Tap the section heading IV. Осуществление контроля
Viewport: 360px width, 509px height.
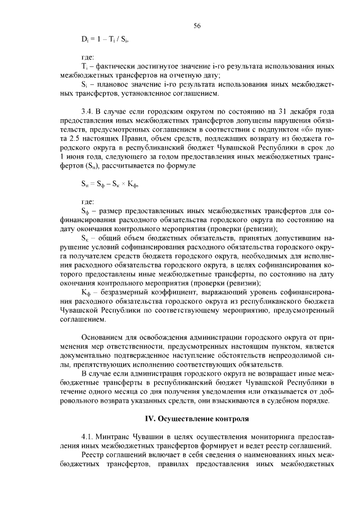click(197, 420)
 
